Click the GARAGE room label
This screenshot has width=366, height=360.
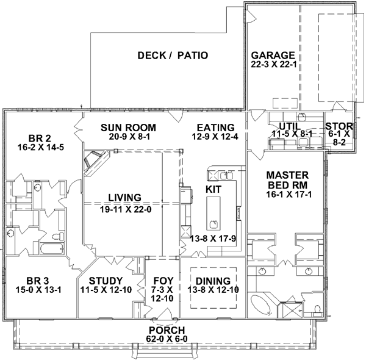pos(273,54)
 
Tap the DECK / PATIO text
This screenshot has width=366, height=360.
pos(173,56)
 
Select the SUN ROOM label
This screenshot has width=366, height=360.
pos(129,127)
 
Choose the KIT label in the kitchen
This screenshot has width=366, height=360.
pos(213,190)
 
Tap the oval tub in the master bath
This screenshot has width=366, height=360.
pos(262,302)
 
